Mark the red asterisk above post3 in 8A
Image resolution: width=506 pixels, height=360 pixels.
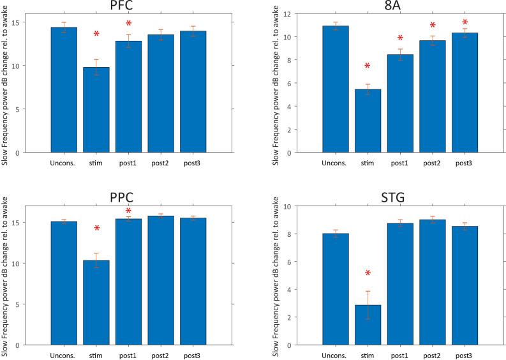click(x=465, y=23)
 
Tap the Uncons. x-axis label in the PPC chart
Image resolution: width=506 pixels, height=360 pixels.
click(x=63, y=354)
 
